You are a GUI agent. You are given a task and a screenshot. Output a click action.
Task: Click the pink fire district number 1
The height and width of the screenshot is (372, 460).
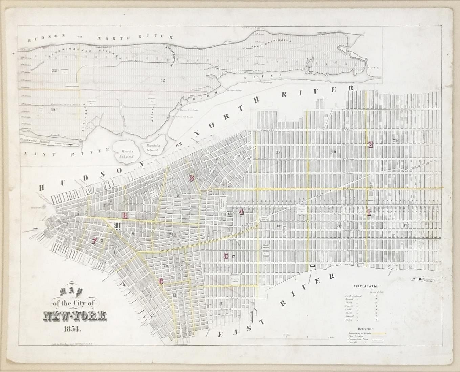(369, 213)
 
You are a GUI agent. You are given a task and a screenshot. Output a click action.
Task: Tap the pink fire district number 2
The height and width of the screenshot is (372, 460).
(371, 145)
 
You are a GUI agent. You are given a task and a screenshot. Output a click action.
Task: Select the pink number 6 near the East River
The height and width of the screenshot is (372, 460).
(161, 281)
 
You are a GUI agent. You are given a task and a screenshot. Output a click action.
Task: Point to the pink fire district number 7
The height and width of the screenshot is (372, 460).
(95, 241)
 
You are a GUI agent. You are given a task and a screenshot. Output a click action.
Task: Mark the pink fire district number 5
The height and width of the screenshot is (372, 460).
(226, 256)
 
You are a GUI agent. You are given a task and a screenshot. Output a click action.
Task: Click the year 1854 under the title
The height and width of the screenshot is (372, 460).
(70, 327)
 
